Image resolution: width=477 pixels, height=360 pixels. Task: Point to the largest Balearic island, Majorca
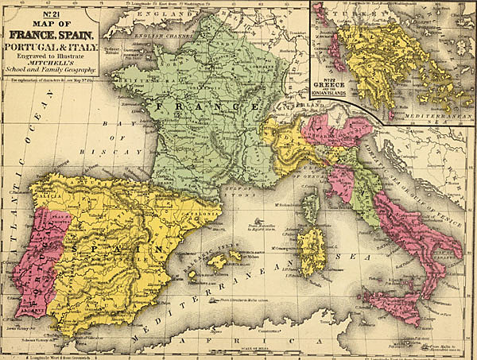click(x=215, y=261)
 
